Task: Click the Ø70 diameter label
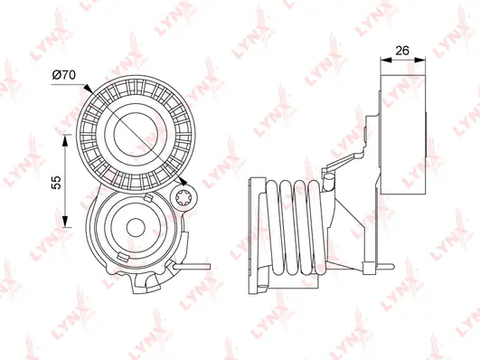[x=62, y=75]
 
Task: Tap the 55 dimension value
[x=56, y=181]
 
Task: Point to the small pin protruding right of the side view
[x=386, y=266]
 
